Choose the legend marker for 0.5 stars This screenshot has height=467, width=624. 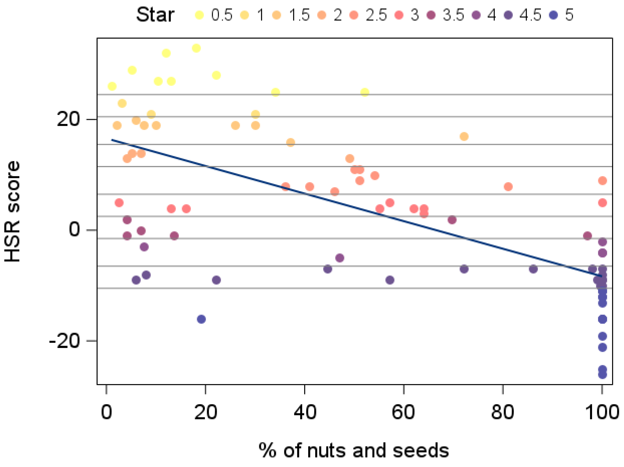[199, 15]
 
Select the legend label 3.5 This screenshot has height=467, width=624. [453, 15]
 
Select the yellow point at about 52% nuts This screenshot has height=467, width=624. [365, 92]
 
